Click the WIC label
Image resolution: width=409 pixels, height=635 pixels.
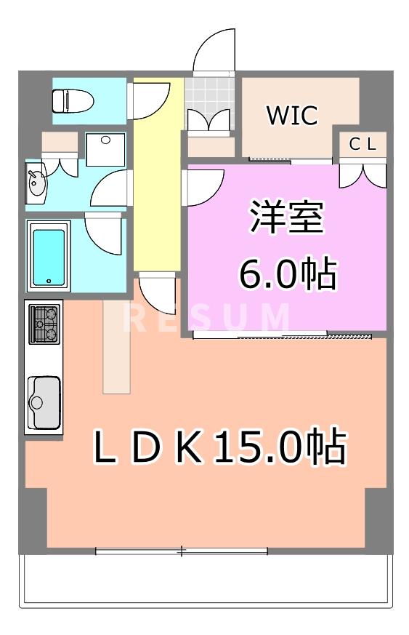click(291, 116)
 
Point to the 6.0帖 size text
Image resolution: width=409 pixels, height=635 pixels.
click(288, 274)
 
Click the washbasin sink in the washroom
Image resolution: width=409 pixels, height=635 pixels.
click(36, 185)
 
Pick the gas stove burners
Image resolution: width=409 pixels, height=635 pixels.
click(44, 323)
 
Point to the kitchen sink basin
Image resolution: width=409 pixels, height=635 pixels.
click(44, 402)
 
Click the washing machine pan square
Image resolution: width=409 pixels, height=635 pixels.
click(105, 149)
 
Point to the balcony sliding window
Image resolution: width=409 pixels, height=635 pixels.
click(182, 551)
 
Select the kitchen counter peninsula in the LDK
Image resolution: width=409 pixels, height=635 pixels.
click(116, 346)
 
